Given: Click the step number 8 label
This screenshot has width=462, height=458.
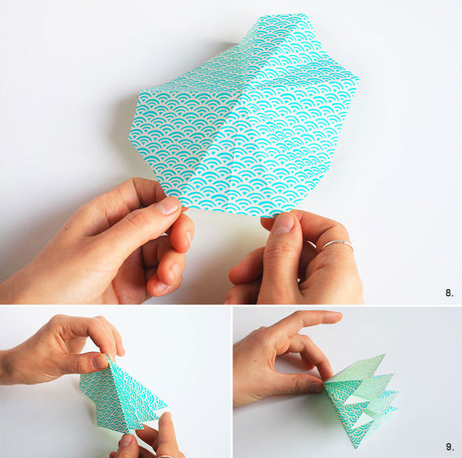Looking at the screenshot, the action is coord(449,293).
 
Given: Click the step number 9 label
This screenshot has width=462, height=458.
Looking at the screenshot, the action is coord(450,447).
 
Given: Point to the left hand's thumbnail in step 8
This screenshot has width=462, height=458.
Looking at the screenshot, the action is coord(168,205).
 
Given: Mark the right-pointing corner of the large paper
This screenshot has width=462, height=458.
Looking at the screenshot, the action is coord(358,79).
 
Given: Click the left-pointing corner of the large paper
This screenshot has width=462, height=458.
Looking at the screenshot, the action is coord(129,137).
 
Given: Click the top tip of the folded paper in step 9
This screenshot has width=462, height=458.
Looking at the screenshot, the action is coord(384,354).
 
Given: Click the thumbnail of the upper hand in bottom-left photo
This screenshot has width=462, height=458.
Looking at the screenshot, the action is coord(99,362).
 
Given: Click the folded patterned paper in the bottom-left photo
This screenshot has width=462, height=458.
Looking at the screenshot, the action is coord(124,396).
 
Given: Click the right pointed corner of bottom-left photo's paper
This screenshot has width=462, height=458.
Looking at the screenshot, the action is coord(166,407).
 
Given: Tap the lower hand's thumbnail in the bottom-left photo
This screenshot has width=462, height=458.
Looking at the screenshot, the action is coord(127,440).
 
